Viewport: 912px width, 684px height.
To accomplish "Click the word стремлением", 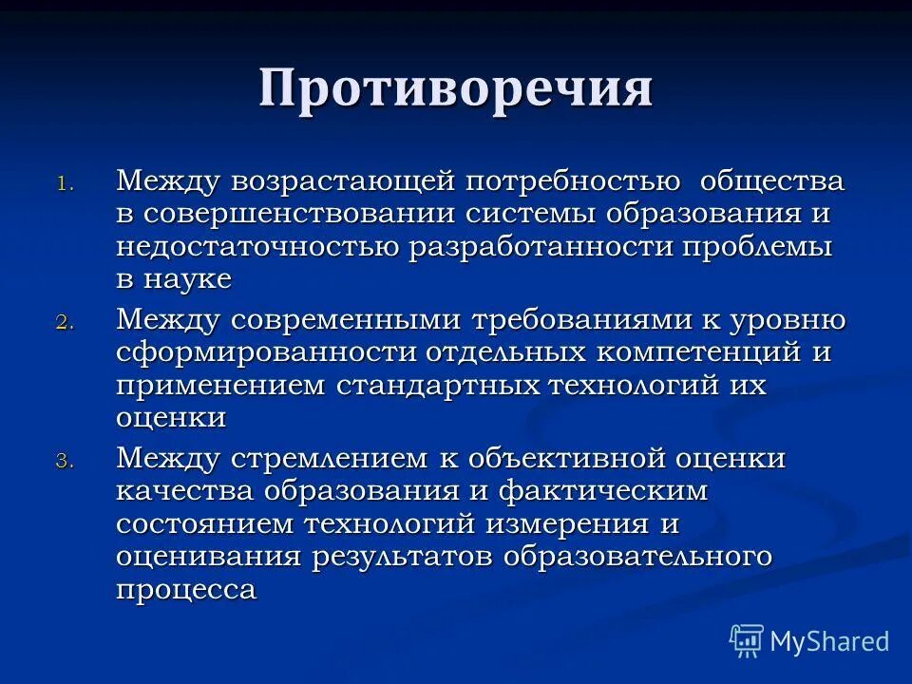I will click(339, 459).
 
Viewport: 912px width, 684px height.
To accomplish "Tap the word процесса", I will click(186, 590).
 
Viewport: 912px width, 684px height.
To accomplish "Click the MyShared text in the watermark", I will click(829, 641).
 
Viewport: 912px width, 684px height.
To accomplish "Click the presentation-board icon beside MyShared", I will click(747, 641).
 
